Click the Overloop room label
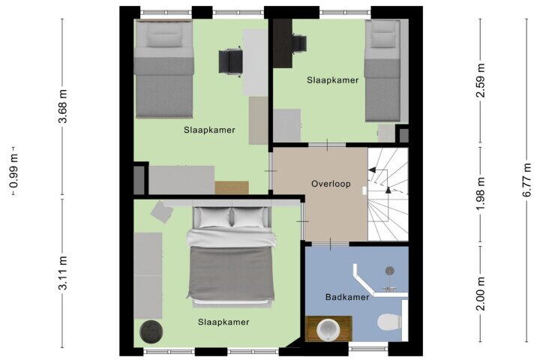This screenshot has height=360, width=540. [x=331, y=184]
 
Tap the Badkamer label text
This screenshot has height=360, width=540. [x=347, y=297]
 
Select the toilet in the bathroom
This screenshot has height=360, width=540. [x=390, y=322]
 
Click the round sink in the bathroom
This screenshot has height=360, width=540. [x=328, y=329]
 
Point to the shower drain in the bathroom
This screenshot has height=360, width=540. [x=389, y=271]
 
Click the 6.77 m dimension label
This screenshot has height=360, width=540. [x=527, y=180]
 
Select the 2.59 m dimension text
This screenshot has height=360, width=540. [x=481, y=80]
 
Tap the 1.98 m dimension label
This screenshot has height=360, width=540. [x=481, y=193]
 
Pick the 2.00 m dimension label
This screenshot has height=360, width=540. [x=481, y=293]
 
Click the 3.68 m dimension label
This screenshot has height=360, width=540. [x=63, y=106]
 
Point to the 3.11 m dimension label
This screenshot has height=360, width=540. [x=63, y=273]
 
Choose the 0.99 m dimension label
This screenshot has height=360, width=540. [x=14, y=171]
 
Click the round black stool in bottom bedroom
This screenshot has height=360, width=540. [x=151, y=331]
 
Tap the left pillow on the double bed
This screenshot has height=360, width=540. [x=215, y=217]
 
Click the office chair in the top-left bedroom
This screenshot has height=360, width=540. [x=230, y=61]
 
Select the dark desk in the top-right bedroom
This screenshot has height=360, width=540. [x=283, y=43]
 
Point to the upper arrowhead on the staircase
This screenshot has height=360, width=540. [x=372, y=169]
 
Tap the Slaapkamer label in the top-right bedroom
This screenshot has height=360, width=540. [x=333, y=80]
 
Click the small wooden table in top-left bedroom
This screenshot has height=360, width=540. [x=232, y=187]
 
